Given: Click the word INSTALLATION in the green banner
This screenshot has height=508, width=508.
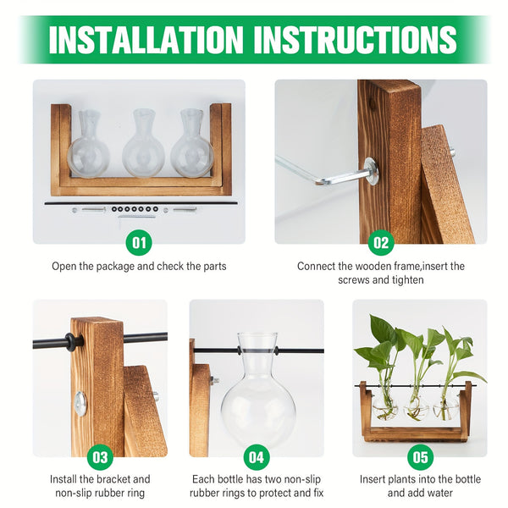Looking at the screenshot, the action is (146, 40).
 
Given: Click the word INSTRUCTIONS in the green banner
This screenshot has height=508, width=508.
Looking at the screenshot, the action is (356, 40).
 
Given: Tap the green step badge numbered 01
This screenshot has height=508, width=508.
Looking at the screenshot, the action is (139, 242).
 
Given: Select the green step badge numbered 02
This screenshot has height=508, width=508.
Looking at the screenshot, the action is (381, 242).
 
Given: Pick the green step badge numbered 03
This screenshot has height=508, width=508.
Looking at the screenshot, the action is (100, 457).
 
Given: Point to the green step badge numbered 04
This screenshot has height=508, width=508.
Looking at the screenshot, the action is (257, 457).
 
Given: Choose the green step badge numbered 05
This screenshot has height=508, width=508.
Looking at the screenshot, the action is (420, 457).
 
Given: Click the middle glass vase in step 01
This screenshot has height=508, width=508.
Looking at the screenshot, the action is (144, 143).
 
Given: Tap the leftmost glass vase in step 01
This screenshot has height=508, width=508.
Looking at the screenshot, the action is (88, 144).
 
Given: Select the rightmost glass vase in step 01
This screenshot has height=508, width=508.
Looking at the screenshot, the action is (192, 143).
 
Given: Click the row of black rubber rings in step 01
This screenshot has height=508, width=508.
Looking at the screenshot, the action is (135, 209).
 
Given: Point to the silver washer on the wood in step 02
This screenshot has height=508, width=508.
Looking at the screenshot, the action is (371, 171).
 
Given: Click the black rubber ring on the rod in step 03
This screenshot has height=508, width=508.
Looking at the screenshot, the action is (71, 343).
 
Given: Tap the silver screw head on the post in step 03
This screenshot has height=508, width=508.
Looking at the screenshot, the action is (80, 404).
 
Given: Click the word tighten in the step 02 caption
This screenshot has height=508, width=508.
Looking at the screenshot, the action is (407, 279).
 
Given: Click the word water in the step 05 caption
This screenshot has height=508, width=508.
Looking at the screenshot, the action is (438, 493).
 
